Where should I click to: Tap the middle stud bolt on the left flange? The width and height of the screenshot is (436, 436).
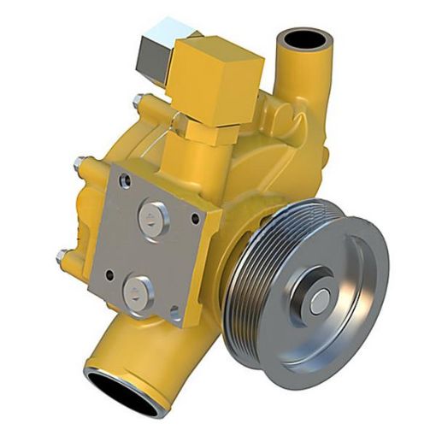[x=80, y=162]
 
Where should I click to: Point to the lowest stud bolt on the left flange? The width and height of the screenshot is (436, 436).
[x=62, y=255]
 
